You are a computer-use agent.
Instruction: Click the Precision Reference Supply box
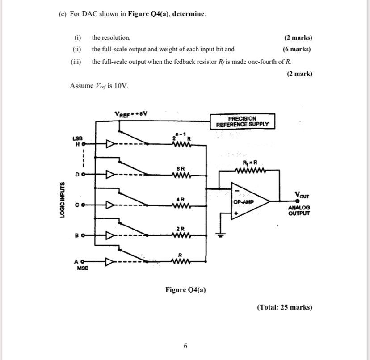pos(242,121)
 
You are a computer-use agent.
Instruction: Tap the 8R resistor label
pos(181,169)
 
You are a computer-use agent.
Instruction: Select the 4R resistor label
pos(181,200)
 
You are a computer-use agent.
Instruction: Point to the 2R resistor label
pos(181,229)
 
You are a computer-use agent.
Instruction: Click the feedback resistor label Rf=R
pos(250,163)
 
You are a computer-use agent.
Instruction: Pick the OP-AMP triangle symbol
pos(250,201)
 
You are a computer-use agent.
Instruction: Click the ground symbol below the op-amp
pos(220,235)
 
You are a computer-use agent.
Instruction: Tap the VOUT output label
pos(302,195)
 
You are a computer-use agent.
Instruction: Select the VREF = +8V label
pos(131,114)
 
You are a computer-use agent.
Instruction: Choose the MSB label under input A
pos(83,268)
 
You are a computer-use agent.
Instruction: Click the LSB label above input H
pos(77,138)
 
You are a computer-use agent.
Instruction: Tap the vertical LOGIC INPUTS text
pos(62,200)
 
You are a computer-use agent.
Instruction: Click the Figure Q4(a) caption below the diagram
pos(185,289)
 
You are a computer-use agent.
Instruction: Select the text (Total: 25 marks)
pos(285,307)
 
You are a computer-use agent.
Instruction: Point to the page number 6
pos(185,346)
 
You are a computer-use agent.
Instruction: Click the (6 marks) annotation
pos(297,49)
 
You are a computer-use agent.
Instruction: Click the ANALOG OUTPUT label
pos(299,210)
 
